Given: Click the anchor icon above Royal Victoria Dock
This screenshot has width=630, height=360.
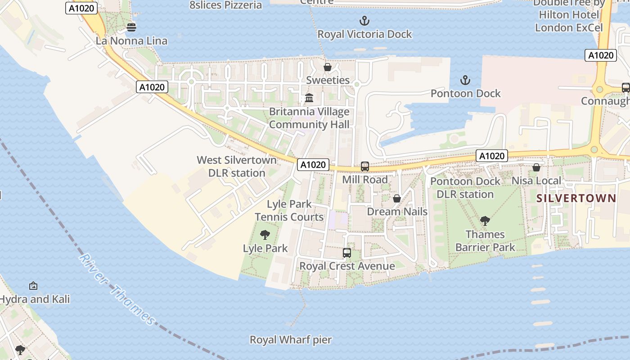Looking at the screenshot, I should (x=364, y=20).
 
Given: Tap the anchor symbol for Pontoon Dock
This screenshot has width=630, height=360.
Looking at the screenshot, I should (x=465, y=80).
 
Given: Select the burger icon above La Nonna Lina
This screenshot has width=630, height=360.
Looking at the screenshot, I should (x=131, y=27).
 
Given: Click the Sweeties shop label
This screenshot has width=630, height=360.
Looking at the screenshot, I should (x=328, y=80).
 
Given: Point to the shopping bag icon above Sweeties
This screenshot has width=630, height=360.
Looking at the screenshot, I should (x=328, y=67).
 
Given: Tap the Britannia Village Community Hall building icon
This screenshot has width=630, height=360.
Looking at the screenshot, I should (x=309, y=98).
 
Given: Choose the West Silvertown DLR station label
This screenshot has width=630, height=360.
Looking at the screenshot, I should (x=237, y=166).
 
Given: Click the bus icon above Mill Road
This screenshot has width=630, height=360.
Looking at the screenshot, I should (x=365, y=166).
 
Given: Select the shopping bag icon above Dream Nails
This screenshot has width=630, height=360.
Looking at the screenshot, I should (x=397, y=198).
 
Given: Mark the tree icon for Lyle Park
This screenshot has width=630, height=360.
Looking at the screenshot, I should (x=265, y=234).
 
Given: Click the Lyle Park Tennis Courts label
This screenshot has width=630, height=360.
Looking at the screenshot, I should (x=289, y=211).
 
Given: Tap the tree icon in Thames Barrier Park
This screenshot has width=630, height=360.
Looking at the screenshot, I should (x=485, y=220).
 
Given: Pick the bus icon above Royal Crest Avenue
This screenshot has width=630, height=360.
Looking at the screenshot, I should (x=346, y=253).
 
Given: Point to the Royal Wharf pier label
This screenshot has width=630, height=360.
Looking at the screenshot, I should (x=291, y=340).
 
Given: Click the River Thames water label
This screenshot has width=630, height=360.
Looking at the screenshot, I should (x=117, y=290).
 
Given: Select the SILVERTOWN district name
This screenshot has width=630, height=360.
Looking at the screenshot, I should (x=576, y=198).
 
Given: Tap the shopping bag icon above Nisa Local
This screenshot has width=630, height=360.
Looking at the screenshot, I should (x=536, y=167).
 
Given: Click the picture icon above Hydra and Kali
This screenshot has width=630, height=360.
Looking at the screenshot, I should (x=33, y=286).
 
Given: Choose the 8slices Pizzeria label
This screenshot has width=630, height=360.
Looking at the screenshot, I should (x=225, y=5).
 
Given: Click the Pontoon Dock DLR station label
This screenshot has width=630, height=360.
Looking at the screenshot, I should (x=465, y=188).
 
